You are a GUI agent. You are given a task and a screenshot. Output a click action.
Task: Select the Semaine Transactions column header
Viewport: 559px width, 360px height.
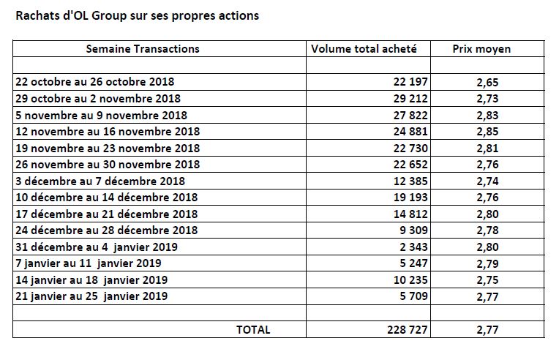tap(143, 49)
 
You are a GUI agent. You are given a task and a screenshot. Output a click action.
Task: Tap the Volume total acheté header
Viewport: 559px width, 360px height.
tap(364, 49)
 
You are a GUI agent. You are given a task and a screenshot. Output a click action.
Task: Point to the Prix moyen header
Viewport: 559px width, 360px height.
tap(481, 49)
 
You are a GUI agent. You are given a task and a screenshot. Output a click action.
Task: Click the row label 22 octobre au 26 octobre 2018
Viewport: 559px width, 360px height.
tap(95, 82)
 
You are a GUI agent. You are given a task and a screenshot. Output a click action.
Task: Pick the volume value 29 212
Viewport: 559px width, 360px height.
tap(410, 98)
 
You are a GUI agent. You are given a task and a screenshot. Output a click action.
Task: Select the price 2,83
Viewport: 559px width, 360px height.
tap(487, 116)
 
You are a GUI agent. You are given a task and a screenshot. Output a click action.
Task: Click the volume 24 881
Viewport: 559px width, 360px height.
tap(410, 132)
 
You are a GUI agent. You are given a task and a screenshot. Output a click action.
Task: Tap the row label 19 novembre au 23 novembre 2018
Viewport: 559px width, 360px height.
tap(108, 149)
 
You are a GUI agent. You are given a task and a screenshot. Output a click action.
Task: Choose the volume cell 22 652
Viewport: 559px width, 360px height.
tap(410, 165)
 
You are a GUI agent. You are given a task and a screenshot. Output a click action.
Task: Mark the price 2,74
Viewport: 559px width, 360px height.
tap(487, 181)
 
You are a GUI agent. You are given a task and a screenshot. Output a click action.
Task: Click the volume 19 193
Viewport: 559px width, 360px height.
tap(410, 198)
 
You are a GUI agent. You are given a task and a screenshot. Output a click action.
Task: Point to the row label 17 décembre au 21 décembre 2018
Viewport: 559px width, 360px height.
tap(107, 214)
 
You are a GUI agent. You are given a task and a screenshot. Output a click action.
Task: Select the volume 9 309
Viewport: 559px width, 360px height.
tap(413, 230)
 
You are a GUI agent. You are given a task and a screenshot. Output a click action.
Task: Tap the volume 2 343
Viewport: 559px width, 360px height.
tap(413, 247)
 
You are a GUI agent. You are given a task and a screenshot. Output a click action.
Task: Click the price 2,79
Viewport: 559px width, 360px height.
tap(487, 263)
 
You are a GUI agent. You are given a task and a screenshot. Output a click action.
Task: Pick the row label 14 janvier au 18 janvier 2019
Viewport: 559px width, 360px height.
tap(91, 280)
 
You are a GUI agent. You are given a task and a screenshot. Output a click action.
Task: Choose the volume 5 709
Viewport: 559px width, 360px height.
tap(413, 296)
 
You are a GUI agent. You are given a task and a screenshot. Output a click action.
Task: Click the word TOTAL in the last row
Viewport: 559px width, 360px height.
tap(253, 330)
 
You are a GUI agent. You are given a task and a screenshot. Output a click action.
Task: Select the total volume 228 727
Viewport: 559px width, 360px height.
tap(407, 330)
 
